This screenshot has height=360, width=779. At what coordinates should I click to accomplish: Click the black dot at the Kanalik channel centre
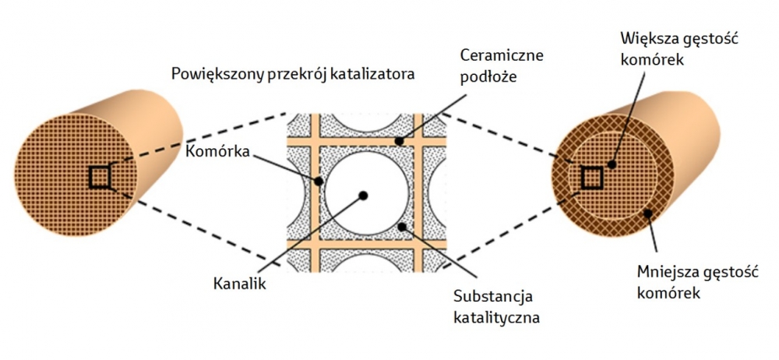pos(363,194)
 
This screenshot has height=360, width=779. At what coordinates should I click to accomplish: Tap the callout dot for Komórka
pos(319,182)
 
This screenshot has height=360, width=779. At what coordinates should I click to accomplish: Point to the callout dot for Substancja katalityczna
pos(402,227)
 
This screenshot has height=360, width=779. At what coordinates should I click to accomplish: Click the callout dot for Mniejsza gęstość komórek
pos(647,212)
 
